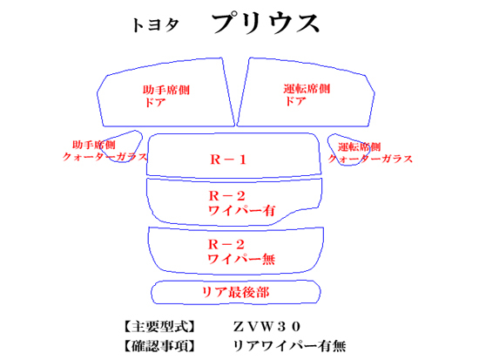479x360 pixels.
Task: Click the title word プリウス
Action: (x=265, y=23)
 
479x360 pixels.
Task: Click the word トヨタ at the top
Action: (x=155, y=25)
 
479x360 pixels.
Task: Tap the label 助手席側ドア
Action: (x=166, y=96)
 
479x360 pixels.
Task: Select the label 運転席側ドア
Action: (x=307, y=95)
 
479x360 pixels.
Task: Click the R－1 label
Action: (x=228, y=160)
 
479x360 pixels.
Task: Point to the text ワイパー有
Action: (x=242, y=211)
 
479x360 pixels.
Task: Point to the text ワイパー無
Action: (x=241, y=259)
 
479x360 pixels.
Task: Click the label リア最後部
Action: (x=235, y=292)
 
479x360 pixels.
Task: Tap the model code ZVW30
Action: (x=267, y=327)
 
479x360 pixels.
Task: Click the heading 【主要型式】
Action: (x=159, y=327)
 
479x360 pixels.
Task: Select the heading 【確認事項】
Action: (x=159, y=346)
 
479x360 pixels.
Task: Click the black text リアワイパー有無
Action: (x=290, y=346)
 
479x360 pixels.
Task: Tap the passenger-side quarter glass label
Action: (x=105, y=151)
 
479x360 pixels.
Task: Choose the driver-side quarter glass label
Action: (x=370, y=153)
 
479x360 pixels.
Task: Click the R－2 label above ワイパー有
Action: (x=226, y=196)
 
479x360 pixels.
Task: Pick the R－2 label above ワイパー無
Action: (x=226, y=244)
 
